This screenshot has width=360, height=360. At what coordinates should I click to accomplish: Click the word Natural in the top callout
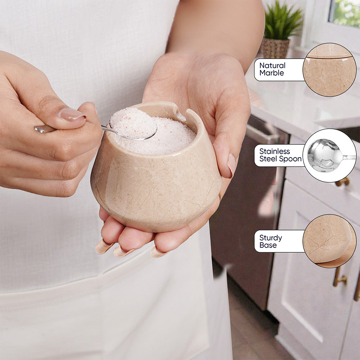pos(272,66)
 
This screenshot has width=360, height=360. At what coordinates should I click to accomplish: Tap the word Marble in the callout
pos(271,73)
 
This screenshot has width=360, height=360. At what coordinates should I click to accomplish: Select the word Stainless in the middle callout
pos(275,152)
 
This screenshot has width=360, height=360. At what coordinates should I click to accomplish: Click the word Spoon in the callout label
pos(290,159)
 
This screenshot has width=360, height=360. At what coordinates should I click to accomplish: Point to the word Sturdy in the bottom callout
pos(271,238)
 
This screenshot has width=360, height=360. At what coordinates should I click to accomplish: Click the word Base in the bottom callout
pos(268,245)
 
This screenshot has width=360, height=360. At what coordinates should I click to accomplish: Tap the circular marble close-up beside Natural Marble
pos(329,69)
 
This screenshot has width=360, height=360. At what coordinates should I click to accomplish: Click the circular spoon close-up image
pos(329,156)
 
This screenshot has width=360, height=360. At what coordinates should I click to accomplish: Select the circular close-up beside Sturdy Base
pos(329,241)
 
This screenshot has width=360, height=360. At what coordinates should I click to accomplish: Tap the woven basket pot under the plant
pos(275,48)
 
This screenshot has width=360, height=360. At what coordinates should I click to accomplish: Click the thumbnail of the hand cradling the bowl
pos(231,165)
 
